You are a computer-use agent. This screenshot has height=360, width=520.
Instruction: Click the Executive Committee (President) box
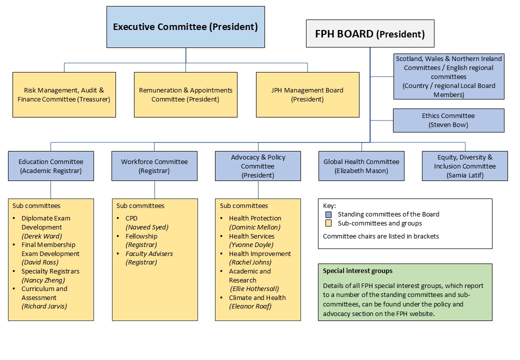pos(185,27)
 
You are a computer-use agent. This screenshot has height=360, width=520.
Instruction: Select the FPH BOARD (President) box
pos(370,34)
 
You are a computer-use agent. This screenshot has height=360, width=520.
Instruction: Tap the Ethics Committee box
pos(448,120)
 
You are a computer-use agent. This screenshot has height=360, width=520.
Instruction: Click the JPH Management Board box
pos(307,94)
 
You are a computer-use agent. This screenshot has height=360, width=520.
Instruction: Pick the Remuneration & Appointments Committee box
pos(185,94)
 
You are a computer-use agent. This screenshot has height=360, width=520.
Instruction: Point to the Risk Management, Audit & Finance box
pos(64,94)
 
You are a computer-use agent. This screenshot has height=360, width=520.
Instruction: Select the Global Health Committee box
pos(361,166)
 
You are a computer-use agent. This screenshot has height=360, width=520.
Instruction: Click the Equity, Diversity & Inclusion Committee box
pos(464,166)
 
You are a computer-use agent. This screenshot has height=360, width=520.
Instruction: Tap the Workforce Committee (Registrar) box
pos(154,166)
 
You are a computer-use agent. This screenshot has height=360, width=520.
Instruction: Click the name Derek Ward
pos(41,236)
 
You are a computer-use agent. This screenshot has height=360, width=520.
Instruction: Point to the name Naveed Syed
pos(147,227)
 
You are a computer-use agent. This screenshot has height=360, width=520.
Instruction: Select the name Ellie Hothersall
pos(254,288)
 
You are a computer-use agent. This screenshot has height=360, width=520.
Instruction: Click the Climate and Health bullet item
pos(257,297)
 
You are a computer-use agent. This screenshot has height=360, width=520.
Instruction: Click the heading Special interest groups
pos(357,271)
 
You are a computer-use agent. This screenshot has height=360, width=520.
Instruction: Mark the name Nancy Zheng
pos(43,280)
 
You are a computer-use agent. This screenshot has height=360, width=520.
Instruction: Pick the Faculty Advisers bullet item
pos(149,253)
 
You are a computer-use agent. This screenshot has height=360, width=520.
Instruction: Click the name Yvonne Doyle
pos(251,244)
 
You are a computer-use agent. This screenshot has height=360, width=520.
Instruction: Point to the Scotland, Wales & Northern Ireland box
pos(448,76)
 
